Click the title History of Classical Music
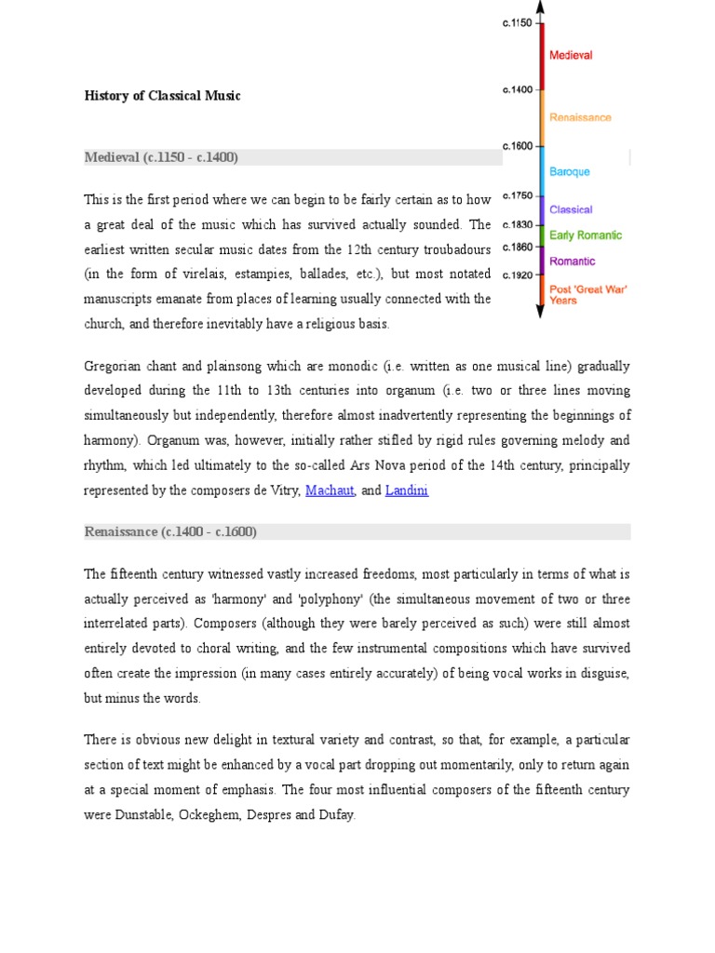point(163,96)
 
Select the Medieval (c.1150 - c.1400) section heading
point(161,157)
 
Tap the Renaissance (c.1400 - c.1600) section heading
point(170,531)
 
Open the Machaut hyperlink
point(331,490)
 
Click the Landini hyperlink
point(407,490)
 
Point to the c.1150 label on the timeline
point(517,23)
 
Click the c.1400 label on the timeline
point(517,90)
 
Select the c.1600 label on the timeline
point(517,146)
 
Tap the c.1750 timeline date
point(517,195)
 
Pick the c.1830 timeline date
point(517,224)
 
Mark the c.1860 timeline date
point(517,247)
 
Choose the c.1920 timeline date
point(517,275)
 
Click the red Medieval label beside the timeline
point(571,56)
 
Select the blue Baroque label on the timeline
point(570,172)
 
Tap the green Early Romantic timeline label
point(586,235)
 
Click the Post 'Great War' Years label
point(587,295)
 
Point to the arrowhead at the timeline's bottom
point(540,313)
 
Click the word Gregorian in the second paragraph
point(113,366)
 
